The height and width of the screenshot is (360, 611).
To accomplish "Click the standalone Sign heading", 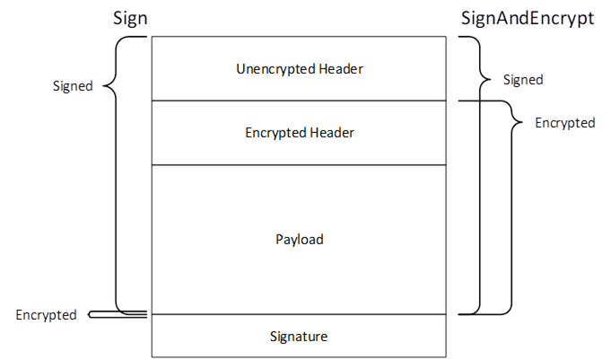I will pos(130,19).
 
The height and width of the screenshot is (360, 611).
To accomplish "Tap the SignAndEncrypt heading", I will pos(528,19).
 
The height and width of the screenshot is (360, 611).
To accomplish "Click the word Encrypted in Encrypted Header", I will pos(276,133).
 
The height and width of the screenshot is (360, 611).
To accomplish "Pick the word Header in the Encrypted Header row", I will pos(332,133).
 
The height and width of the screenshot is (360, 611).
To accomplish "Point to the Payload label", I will pos(299,240).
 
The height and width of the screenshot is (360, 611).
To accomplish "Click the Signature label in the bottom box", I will pos(299,337).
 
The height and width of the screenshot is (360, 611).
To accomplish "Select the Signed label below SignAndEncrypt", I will pos(522,80).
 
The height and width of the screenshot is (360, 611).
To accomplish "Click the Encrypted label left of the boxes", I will pos(45,314).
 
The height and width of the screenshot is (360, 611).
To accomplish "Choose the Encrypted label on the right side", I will pos(564,122).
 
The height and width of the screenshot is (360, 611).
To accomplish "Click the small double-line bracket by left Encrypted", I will pos(117,314).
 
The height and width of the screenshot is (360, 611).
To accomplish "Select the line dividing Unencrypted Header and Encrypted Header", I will pos(299,101).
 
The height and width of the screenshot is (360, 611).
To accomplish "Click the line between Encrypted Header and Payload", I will pos(299,165).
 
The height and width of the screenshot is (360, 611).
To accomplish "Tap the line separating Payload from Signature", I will pos(299,314).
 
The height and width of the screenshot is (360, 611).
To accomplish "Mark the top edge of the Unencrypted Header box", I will pos(299,36).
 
